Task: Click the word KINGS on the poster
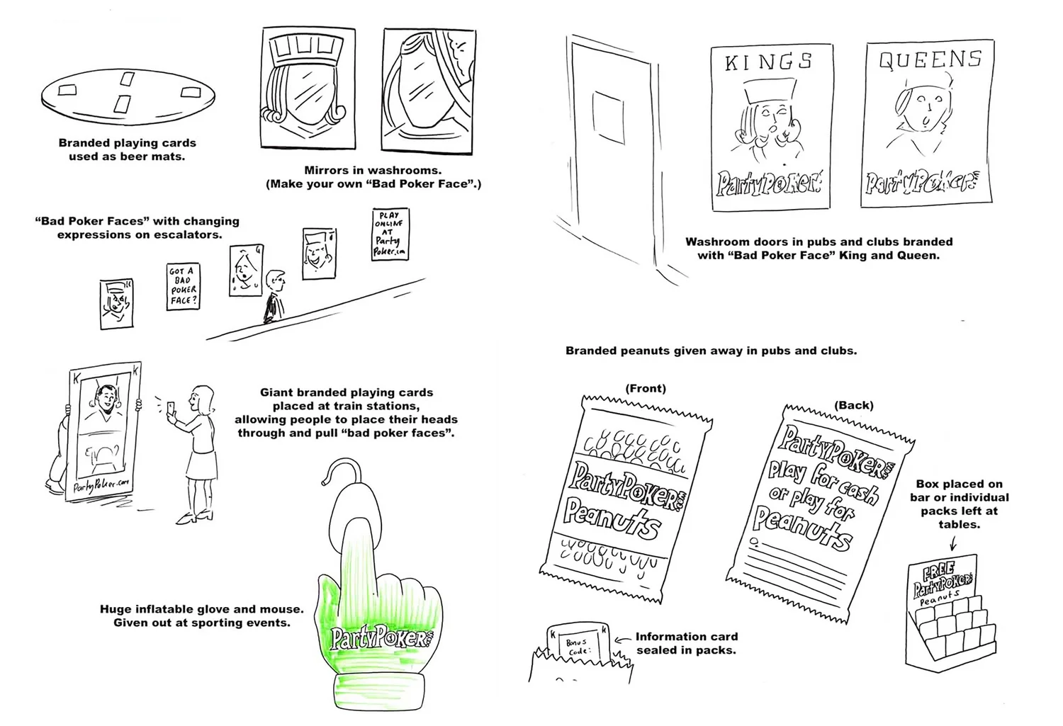(768, 63)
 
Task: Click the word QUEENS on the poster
(930, 59)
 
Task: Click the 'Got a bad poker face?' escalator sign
(183, 286)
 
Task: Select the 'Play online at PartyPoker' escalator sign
(390, 234)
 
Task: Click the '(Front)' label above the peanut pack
(645, 388)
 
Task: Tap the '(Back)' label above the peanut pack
(853, 405)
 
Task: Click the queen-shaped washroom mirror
(429, 89)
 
